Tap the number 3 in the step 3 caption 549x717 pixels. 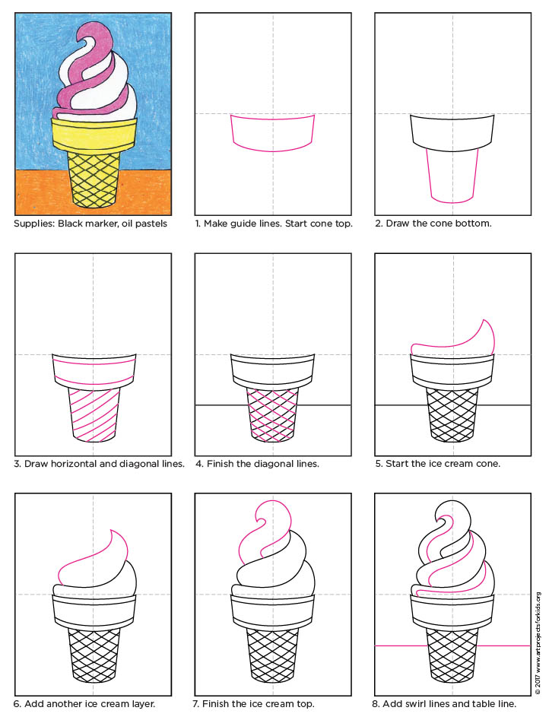tap(18, 463)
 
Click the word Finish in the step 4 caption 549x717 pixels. tap(221, 463)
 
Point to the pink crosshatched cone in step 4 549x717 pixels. tap(273, 414)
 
